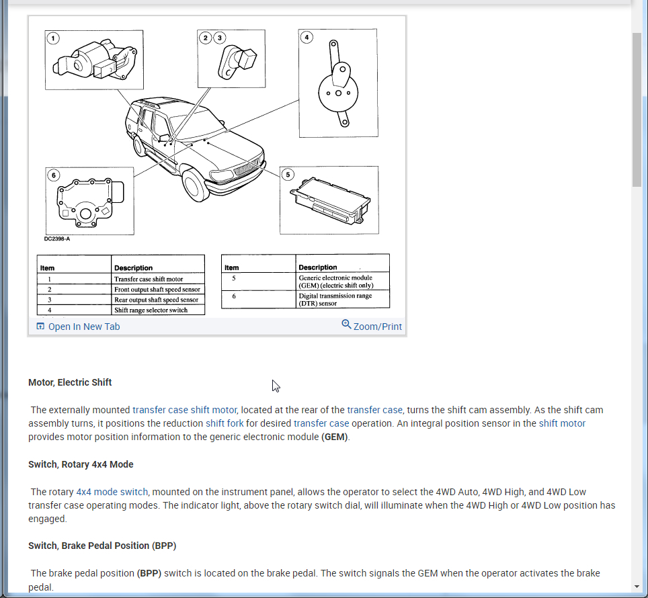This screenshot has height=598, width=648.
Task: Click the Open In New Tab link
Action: coord(83,327)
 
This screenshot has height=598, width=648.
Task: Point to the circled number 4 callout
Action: coord(307,37)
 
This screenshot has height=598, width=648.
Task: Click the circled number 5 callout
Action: coord(288,175)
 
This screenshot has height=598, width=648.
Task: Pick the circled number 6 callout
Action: coord(53,175)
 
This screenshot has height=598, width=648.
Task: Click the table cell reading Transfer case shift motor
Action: coord(157,279)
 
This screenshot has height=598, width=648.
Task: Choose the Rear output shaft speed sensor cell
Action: coord(156,300)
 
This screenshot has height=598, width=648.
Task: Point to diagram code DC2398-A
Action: coord(57,238)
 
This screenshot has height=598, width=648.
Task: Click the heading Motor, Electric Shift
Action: coord(70,382)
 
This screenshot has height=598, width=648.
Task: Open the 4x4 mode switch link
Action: coord(112,492)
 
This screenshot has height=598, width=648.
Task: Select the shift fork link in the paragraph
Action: coord(225,423)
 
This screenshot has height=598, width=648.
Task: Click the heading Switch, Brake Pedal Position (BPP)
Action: coord(102,546)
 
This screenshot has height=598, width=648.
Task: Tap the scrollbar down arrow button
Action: coord(637,587)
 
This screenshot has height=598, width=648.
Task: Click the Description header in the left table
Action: coord(133,267)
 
